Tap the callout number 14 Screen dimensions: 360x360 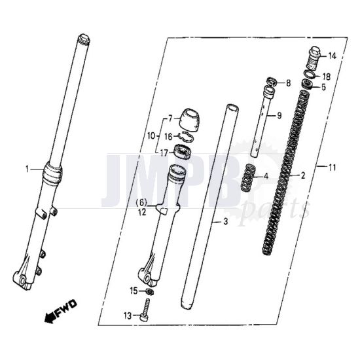(331, 56)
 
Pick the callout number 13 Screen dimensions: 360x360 (127, 315)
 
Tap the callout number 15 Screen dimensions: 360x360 (134, 289)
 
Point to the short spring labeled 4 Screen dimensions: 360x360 (247, 177)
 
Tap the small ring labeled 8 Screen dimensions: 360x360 (268, 83)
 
